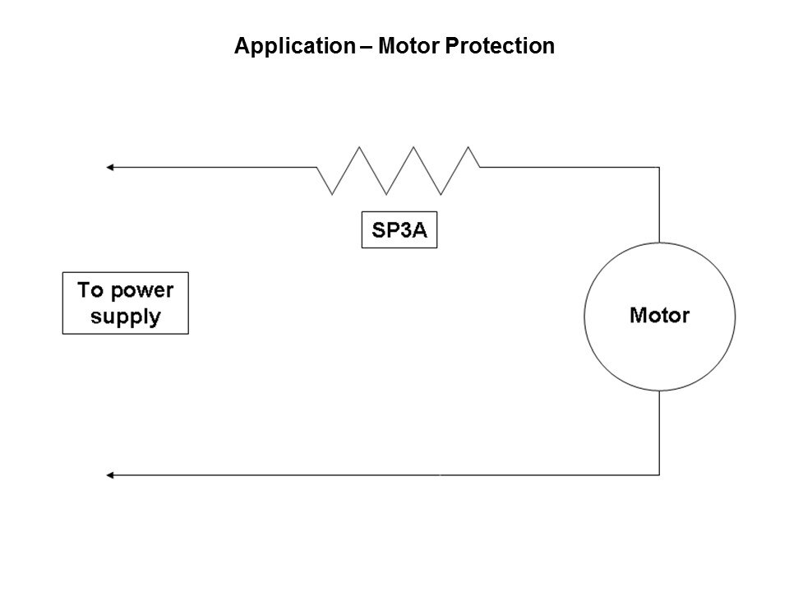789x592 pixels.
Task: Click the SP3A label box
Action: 400,230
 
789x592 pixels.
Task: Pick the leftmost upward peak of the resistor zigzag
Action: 358,148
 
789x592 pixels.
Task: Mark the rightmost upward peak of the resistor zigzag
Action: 469,148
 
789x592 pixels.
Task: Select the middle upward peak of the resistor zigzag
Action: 414,148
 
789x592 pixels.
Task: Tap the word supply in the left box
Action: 126,317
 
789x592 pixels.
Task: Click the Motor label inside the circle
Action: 660,314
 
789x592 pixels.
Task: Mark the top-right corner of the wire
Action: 659,168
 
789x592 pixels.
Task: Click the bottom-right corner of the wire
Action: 659,474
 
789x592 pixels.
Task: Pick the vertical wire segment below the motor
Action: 659,432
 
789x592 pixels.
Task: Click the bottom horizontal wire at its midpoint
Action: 385,474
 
